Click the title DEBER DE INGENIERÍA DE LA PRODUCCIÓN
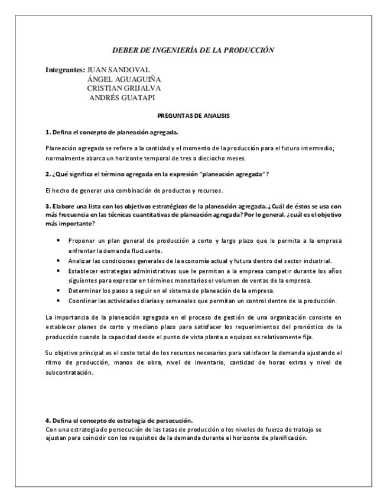(193, 50)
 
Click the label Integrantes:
(65, 70)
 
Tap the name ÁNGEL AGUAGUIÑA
(124, 79)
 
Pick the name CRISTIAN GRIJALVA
(123, 89)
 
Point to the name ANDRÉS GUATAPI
(122, 98)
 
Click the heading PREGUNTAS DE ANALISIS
(193, 116)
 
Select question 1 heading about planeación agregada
(112, 131)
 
